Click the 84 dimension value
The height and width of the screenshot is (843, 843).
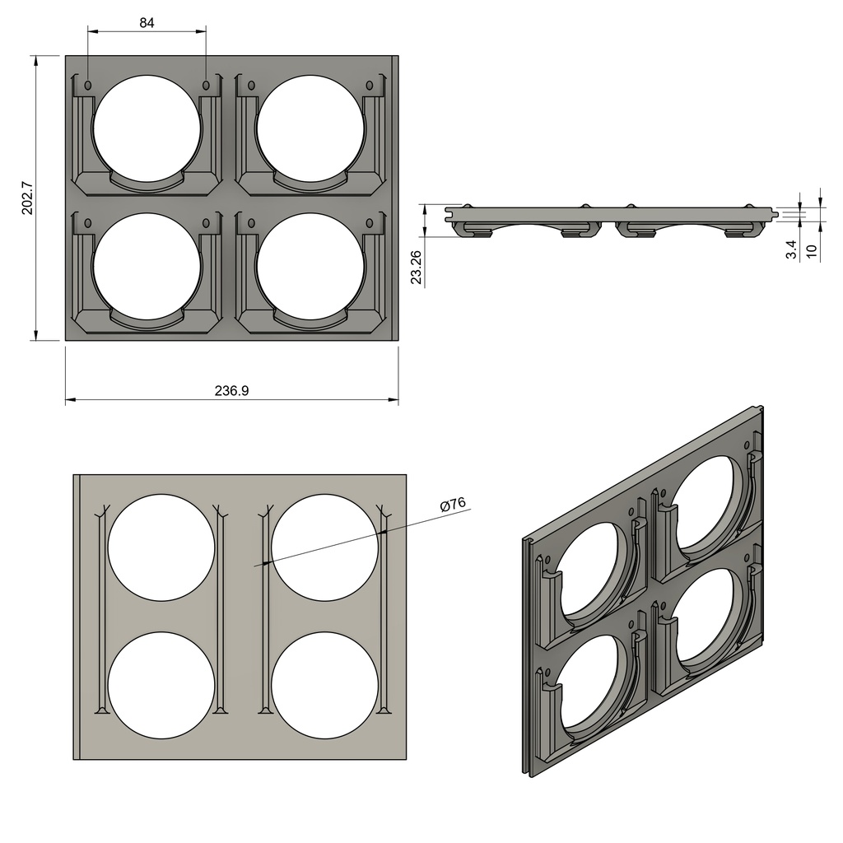point(147,23)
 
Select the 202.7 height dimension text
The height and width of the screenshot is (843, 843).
point(26,198)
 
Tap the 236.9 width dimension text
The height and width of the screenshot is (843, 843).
point(231,391)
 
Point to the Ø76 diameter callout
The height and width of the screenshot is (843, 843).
point(453,504)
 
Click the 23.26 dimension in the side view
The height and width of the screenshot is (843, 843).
point(417,267)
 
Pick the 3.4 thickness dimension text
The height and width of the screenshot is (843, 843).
point(791,250)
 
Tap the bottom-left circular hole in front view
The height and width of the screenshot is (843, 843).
point(147,262)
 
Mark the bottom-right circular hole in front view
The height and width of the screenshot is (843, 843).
point(310,262)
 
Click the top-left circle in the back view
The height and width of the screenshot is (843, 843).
point(161,547)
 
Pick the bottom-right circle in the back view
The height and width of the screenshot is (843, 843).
point(324,685)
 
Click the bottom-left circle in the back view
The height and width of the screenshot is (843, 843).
point(161,685)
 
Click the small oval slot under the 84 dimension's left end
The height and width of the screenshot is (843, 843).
point(88,85)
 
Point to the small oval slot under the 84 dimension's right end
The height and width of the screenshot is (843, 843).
point(206,85)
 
